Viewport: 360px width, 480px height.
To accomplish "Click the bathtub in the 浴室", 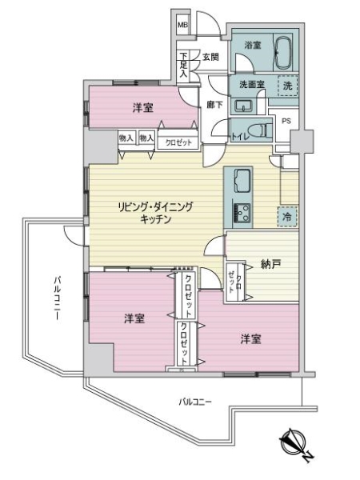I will [x=284, y=54].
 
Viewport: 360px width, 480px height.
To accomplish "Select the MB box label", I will [x=182, y=24].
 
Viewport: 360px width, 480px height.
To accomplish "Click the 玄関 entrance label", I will [x=210, y=57].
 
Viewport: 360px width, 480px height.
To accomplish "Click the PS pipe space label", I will [x=287, y=121].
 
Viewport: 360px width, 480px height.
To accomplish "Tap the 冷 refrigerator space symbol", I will [x=286, y=215].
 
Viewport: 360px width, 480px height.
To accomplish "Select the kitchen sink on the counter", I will [x=242, y=183].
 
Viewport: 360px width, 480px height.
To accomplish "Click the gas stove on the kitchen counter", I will [x=242, y=212].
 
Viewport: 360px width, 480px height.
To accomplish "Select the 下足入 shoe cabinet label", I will [x=183, y=63].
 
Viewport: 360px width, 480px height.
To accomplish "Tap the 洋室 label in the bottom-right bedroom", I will [x=250, y=339].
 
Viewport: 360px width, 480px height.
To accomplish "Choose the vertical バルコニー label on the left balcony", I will [x=58, y=298].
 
